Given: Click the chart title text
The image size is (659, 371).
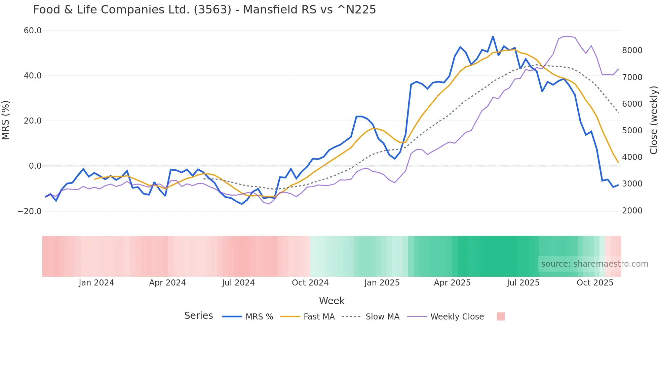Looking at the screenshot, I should pos(204,10).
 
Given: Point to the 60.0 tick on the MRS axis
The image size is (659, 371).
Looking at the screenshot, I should pos(33,31).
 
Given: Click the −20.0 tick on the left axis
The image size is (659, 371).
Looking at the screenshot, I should pos(30,211).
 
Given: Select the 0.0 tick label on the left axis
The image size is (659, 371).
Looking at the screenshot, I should pos(35,166).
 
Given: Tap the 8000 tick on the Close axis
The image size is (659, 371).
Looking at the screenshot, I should pos(632,50).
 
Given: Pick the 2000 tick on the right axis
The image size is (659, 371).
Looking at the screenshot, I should pos(632,211).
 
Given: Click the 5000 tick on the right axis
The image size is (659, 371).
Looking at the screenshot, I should pos(632,131).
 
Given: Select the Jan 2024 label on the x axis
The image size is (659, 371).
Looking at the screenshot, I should pos(96,283).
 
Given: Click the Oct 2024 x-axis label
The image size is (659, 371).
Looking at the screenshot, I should pos(310,283).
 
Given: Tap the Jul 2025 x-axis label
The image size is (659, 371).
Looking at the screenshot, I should pos(523,283).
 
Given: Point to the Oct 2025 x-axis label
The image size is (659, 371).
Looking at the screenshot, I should pos(595,283).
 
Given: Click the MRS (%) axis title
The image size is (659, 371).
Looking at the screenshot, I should pos(6,120).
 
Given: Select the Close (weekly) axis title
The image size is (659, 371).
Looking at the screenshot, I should pos(653,120).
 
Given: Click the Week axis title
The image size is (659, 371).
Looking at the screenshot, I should pos(332,301).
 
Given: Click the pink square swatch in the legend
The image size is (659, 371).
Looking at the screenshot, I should pos(501,316).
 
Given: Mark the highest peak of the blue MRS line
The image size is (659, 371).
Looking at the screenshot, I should pos(493,36).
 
